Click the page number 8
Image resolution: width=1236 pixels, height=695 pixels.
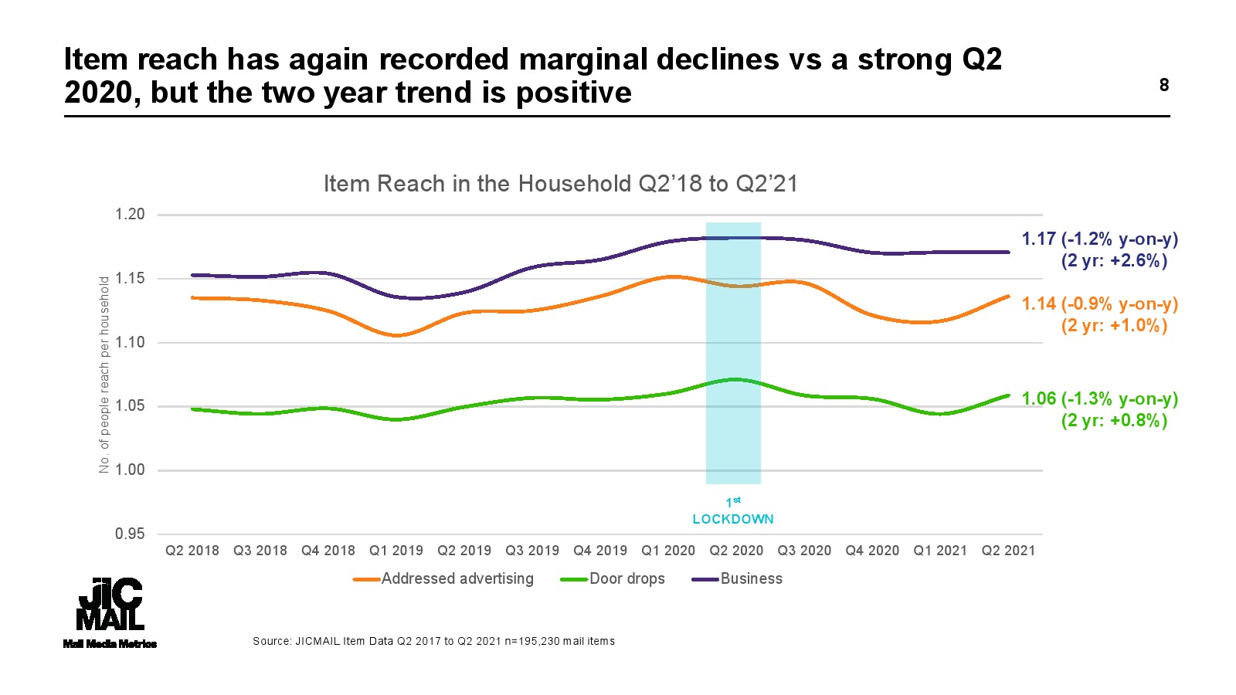tap(1163, 85)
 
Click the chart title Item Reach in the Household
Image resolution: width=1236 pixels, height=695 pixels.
tap(560, 184)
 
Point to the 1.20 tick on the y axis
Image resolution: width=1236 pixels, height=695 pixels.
tap(130, 215)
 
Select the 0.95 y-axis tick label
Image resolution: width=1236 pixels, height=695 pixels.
tap(130, 534)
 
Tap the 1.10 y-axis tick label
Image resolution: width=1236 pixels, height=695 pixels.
tap(130, 342)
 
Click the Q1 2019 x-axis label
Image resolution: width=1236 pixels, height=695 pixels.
tap(396, 551)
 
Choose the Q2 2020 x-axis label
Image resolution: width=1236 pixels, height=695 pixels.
tap(736, 551)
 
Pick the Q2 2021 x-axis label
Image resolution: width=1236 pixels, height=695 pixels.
tap(1008, 551)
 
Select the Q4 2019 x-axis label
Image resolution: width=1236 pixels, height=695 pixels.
tap(600, 551)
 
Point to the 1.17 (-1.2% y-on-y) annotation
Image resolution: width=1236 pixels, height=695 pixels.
tap(1100, 239)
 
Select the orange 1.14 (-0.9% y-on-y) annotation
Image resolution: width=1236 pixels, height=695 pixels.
tap(1100, 304)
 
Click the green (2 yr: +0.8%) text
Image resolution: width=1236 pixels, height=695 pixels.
tap(1114, 421)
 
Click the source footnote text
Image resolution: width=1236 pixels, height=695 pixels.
tap(433, 641)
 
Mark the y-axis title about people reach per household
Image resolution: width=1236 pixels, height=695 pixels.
tap(104, 375)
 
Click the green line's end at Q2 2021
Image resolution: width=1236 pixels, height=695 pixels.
tap(1007, 396)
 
